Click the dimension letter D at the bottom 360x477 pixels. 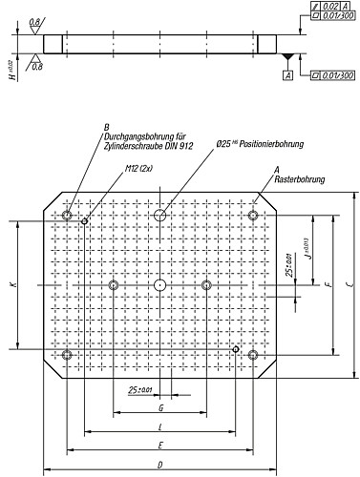coord(159,464)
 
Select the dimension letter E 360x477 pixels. coord(159,445)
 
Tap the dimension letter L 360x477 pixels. coord(159,426)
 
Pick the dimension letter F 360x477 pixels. coord(328,285)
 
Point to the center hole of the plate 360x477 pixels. coord(159,285)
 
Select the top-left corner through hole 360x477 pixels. coord(66,216)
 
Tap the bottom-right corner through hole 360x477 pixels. coord(253,355)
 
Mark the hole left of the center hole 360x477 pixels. coord(113,285)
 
